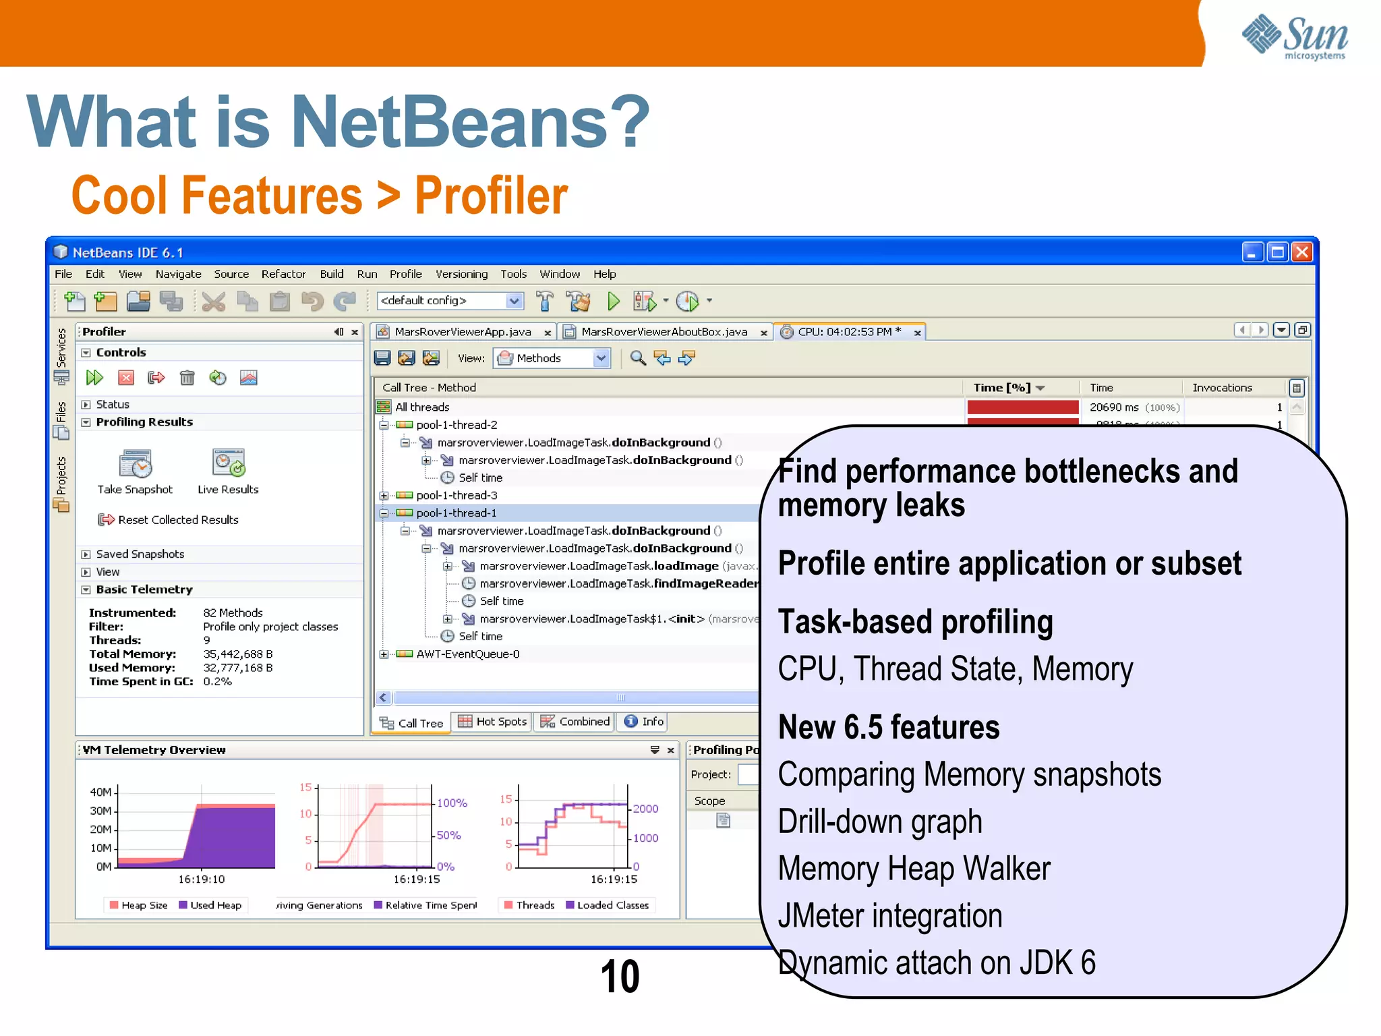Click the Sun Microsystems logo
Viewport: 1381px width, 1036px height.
coord(1294,36)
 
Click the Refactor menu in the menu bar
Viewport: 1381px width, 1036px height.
coord(283,274)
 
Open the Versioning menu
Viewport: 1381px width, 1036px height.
coord(461,274)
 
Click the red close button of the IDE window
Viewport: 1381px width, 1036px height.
coord(1302,252)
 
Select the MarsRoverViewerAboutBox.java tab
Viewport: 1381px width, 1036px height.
coord(664,332)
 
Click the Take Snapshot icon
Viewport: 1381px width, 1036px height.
coord(136,464)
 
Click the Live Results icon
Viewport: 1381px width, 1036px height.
coord(228,463)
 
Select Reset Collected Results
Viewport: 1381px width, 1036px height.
coord(177,520)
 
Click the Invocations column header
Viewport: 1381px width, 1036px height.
coord(1222,388)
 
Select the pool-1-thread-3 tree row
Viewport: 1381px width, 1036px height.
coord(457,495)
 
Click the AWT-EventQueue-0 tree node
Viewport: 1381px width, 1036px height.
coord(467,654)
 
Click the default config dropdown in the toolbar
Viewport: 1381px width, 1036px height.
coord(450,301)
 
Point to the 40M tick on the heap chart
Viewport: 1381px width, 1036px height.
coord(102,792)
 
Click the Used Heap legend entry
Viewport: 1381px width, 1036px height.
coord(215,905)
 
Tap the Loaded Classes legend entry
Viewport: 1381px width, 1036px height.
coord(612,905)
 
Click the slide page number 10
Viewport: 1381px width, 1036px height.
coord(620,977)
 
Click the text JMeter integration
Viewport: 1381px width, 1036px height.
coord(890,916)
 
